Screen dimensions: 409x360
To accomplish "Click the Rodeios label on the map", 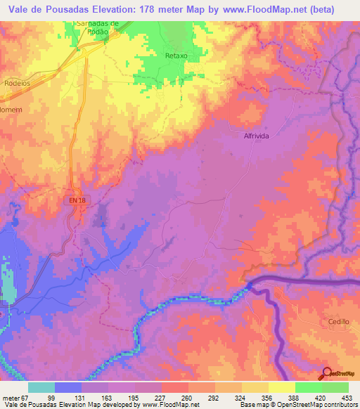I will [16, 82].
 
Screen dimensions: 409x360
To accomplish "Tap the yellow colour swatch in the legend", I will [281, 388].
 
